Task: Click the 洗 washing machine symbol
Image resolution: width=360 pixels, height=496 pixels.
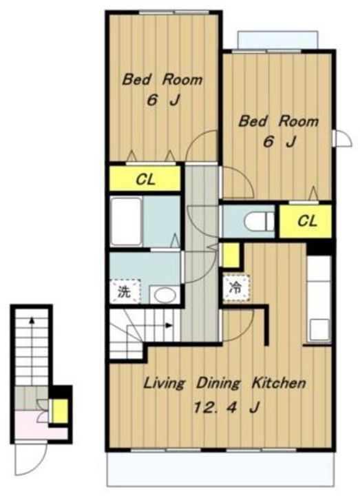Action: click(x=125, y=291)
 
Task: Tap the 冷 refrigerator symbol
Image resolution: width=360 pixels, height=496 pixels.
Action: click(x=236, y=288)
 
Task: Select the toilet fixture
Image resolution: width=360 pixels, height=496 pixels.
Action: click(x=260, y=221)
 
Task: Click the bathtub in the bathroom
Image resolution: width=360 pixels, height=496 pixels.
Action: click(x=126, y=221)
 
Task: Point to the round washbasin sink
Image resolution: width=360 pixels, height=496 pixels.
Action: click(x=165, y=296)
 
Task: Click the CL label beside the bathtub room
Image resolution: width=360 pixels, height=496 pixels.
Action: click(x=146, y=180)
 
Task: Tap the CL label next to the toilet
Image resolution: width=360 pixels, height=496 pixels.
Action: click(x=307, y=220)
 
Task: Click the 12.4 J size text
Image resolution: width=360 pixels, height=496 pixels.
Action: click(x=227, y=407)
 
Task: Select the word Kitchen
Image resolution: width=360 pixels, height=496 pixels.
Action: click(x=279, y=383)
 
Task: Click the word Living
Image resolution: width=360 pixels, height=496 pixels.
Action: click(x=164, y=384)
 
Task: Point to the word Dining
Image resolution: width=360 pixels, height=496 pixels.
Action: click(x=218, y=384)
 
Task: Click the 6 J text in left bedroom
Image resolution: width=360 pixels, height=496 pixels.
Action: click(x=163, y=101)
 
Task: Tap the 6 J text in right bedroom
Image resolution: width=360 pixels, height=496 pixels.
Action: click(x=279, y=142)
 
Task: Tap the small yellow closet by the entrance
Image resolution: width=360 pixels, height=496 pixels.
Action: click(x=59, y=411)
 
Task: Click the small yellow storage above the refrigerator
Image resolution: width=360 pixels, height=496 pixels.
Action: click(x=231, y=255)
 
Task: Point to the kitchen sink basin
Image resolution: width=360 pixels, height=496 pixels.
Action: click(x=319, y=330)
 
